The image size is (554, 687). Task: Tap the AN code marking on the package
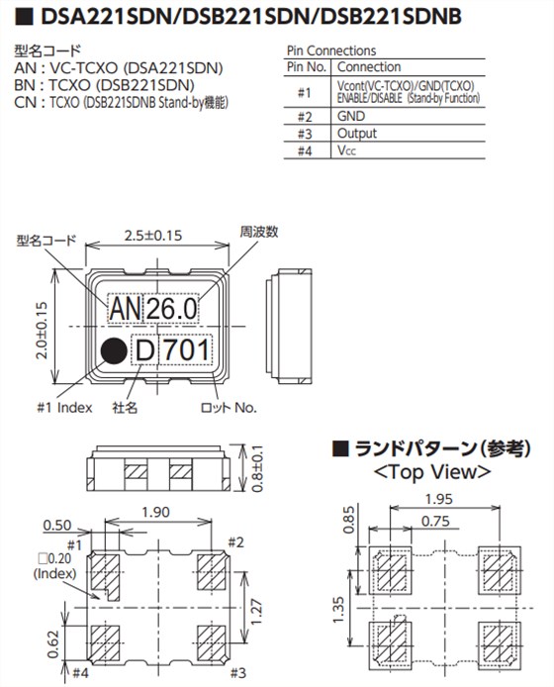pos(125,311)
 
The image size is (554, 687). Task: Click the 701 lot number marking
pos(187,350)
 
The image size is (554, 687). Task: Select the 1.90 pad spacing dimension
pos(156,512)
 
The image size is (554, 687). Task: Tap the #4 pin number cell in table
pos(304,151)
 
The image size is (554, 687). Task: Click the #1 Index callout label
pos(65,407)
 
